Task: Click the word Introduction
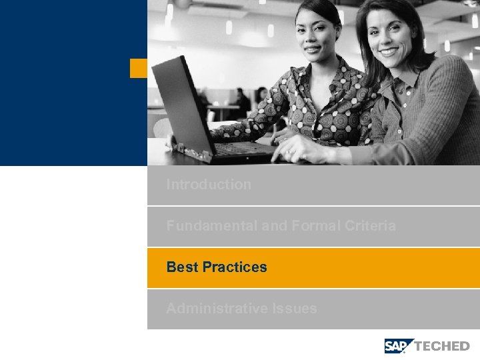point(209,185)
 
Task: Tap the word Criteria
point(370,226)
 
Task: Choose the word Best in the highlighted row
point(182,267)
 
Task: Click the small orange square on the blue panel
point(139,68)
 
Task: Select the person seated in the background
point(241,101)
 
